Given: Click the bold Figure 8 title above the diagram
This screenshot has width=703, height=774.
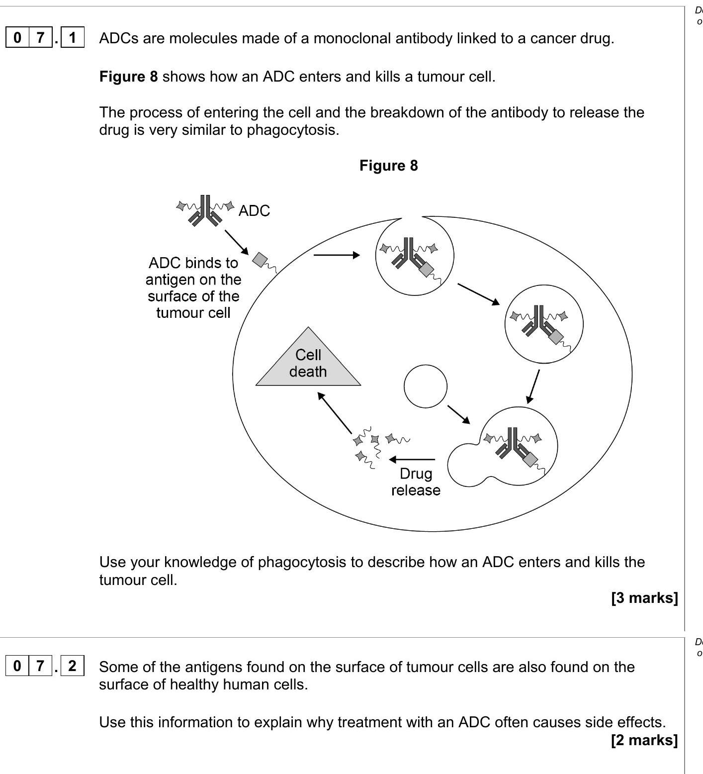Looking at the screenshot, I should pyautogui.click(x=388, y=166).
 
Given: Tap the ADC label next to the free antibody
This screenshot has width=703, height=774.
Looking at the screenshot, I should pyautogui.click(x=254, y=211).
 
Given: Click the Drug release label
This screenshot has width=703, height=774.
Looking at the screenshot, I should pyautogui.click(x=416, y=482).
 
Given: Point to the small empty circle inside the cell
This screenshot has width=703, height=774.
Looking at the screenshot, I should pyautogui.click(x=426, y=387).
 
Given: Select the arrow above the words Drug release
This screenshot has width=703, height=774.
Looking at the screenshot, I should pyautogui.click(x=412, y=459).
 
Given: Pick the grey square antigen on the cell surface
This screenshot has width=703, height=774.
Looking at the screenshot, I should pyautogui.click(x=260, y=259).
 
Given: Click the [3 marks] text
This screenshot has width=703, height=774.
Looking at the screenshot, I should pyautogui.click(x=644, y=597).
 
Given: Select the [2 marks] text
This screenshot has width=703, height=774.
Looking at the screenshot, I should pyautogui.click(x=644, y=740).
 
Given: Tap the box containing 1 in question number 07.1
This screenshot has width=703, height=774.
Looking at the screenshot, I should pyautogui.click(x=73, y=38).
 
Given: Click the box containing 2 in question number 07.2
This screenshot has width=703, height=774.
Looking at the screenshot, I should pyautogui.click(x=73, y=666).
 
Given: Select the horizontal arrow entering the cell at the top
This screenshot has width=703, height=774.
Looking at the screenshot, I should pyautogui.click(x=337, y=255).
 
